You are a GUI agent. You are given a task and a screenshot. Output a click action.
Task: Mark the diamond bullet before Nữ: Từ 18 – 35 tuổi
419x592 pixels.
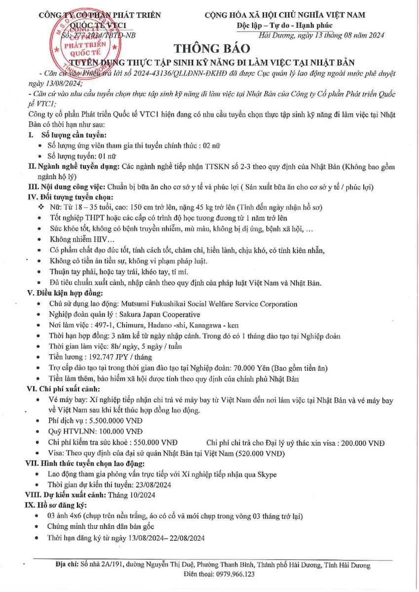coord(40,207)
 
